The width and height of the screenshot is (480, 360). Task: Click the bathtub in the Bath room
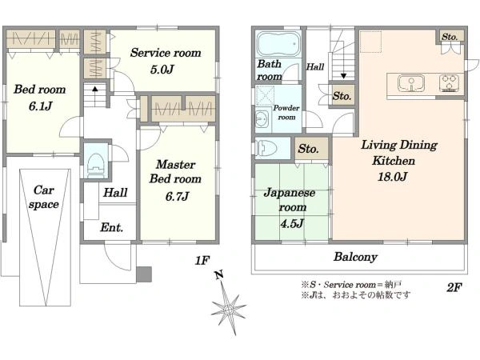278,44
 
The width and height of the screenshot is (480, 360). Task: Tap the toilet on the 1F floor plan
96,165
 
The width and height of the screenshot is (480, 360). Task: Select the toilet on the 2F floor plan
267,148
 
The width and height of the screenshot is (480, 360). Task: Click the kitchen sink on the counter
411,83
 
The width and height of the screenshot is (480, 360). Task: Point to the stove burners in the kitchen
450,83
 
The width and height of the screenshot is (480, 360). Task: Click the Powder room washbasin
262,118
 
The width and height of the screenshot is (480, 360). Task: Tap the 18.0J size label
392,177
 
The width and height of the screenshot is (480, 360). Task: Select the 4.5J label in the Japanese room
292,223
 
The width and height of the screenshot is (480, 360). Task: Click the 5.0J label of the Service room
162,70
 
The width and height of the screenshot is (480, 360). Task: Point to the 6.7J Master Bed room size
177,196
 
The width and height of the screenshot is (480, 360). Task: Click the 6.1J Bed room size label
41,106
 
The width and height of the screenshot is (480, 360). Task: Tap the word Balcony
355,257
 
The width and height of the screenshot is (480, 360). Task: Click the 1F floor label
202,261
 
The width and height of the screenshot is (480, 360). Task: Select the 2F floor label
454,287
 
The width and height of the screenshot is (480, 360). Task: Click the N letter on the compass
218,274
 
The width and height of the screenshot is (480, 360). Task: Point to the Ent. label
111,227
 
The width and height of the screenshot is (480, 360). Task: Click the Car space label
44,197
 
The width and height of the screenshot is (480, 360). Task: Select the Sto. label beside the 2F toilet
308,149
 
